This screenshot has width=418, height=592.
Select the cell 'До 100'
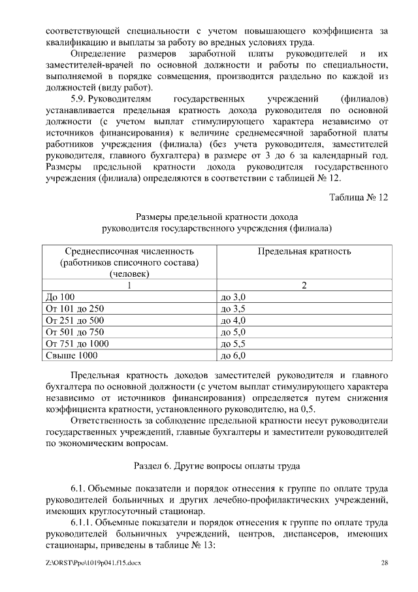[59, 297]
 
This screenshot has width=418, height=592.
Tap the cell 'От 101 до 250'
[75, 309]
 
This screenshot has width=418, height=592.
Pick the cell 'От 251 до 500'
[75, 321]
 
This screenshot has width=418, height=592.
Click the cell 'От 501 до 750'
[75, 332]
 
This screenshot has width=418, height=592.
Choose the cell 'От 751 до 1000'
[78, 344]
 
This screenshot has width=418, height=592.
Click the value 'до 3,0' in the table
[233, 297]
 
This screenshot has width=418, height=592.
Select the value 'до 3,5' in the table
[233, 309]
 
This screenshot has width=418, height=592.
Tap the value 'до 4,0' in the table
[233, 321]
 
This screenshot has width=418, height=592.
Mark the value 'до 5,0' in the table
[233, 332]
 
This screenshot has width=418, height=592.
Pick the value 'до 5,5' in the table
[233, 344]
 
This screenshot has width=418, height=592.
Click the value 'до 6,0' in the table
[233, 356]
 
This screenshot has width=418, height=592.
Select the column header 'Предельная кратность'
[304, 251]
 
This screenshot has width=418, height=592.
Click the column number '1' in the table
[129, 285]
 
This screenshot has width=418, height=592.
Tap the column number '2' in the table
[304, 285]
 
